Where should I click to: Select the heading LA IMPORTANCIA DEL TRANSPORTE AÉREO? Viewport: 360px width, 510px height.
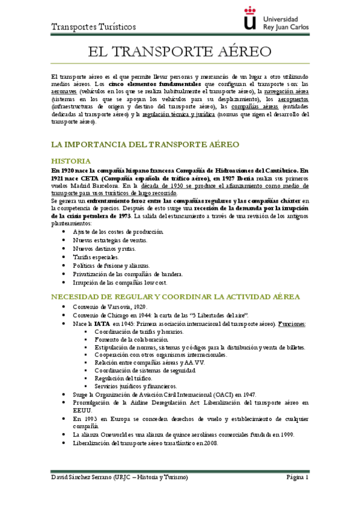click(x=145, y=145)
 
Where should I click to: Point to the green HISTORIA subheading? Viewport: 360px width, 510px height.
click(x=71, y=161)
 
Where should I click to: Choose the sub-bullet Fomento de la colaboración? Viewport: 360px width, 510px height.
click(x=127, y=340)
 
